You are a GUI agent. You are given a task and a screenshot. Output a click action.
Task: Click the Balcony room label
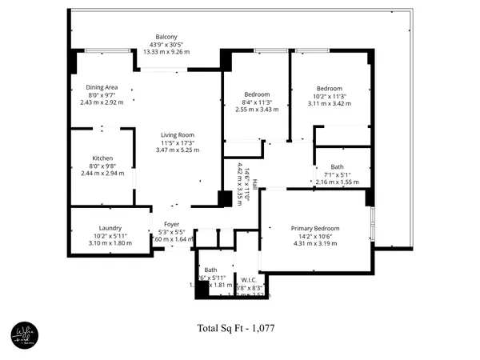pos(166,38)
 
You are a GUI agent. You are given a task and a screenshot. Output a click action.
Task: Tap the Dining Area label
pos(102,87)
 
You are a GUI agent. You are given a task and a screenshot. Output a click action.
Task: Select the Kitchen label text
pos(102,158)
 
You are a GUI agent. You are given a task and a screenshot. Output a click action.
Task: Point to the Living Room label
pos(178,135)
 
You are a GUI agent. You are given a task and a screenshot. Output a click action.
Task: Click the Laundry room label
pos(110,227)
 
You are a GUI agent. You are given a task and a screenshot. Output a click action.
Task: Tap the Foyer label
pos(172,225)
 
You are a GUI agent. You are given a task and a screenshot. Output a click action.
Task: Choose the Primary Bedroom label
pos(315,228)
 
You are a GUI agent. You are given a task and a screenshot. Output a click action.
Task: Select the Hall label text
pos(255,183)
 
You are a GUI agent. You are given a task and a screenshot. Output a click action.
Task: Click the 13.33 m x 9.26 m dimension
pos(166,52)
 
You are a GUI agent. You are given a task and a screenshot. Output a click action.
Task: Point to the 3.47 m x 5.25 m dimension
pos(178,150)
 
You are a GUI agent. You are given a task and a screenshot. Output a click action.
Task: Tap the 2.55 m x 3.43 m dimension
pos(258,110)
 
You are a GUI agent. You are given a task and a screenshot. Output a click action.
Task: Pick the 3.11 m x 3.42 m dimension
pos(329,103)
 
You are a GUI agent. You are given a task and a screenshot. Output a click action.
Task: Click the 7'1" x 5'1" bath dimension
pos(338,175)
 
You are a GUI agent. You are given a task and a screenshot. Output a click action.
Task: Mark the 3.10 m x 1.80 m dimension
pos(110,242)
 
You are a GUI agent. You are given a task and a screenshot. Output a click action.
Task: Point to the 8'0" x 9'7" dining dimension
pos(102,94)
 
